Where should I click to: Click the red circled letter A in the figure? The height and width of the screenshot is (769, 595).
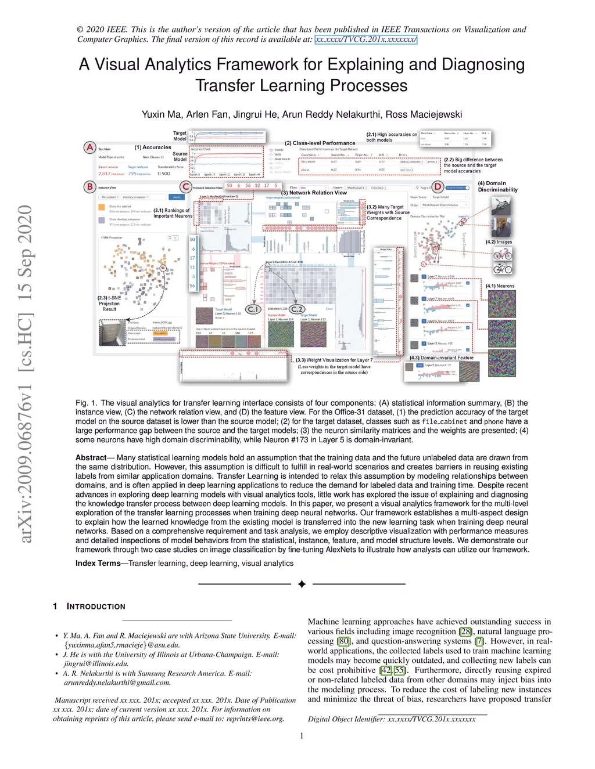tap(89, 147)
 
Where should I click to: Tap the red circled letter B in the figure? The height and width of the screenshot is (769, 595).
tap(89, 187)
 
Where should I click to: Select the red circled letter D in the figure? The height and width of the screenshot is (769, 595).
tap(438, 187)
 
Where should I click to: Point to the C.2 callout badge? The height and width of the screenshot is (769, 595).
tap(297, 309)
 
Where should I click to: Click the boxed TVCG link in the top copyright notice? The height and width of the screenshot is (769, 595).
tap(365, 39)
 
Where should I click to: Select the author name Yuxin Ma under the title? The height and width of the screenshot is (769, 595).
tap(162, 114)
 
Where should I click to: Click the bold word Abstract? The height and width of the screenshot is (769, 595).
tap(91, 458)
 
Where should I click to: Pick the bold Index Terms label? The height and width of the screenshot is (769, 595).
tap(98, 564)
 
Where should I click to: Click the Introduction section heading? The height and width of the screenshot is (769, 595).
tap(96, 606)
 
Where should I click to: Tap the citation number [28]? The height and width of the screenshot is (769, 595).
tap(465, 631)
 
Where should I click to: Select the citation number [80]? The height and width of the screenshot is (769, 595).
tap(344, 641)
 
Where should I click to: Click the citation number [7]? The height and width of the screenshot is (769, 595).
tap(479, 641)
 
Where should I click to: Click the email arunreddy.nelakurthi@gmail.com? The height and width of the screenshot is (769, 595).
tap(117, 683)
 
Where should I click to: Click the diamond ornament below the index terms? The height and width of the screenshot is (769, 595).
tap(302, 584)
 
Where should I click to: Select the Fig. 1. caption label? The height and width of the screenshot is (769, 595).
tap(86, 403)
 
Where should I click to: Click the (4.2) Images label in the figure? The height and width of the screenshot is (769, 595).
tap(499, 242)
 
